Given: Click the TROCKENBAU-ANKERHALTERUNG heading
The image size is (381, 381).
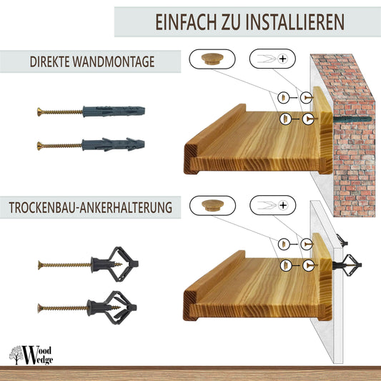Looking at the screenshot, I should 90,209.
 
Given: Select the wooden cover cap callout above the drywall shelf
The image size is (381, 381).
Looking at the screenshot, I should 213,205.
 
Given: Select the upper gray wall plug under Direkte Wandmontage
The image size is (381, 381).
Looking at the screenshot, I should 114,112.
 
